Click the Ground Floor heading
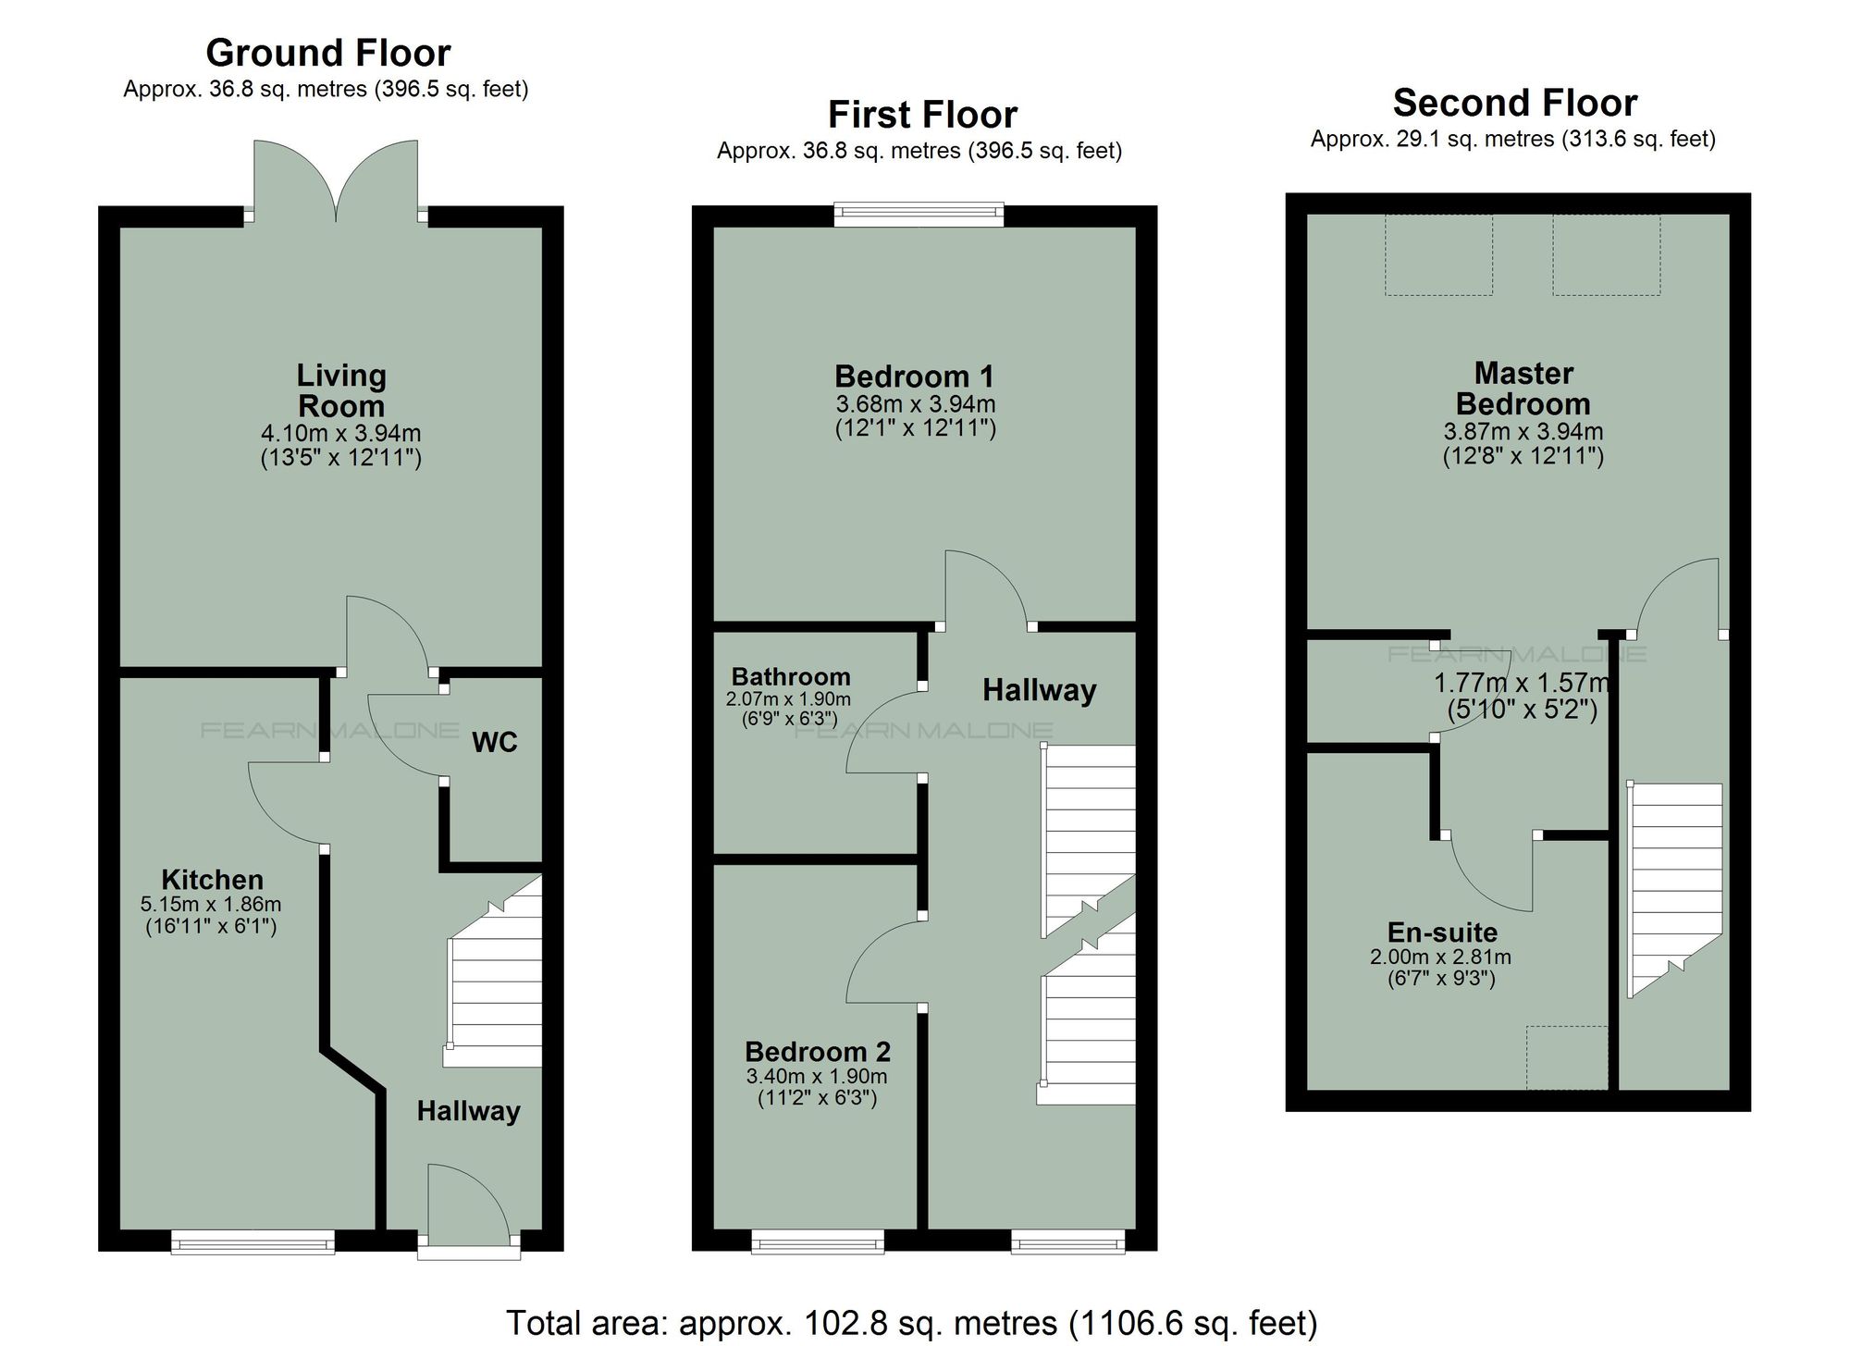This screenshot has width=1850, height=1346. [327, 53]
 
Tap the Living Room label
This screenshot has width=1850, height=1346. [340, 390]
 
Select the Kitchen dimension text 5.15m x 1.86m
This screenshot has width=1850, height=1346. [211, 904]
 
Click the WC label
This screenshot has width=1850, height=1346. [494, 742]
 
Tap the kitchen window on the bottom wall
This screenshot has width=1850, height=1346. [253, 1242]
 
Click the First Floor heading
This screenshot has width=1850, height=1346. [922, 115]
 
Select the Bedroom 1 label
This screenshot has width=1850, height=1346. [914, 376]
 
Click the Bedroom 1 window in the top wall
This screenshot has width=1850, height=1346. [919, 215]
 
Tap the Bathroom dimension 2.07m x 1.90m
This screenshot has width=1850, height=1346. [788, 699]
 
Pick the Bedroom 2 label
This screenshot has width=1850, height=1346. [818, 1051]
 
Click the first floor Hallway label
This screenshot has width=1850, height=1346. [1039, 689]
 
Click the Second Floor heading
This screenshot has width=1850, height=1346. [1514, 103]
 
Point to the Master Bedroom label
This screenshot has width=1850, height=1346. [1523, 388]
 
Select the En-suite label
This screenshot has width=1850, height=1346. [1442, 932]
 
